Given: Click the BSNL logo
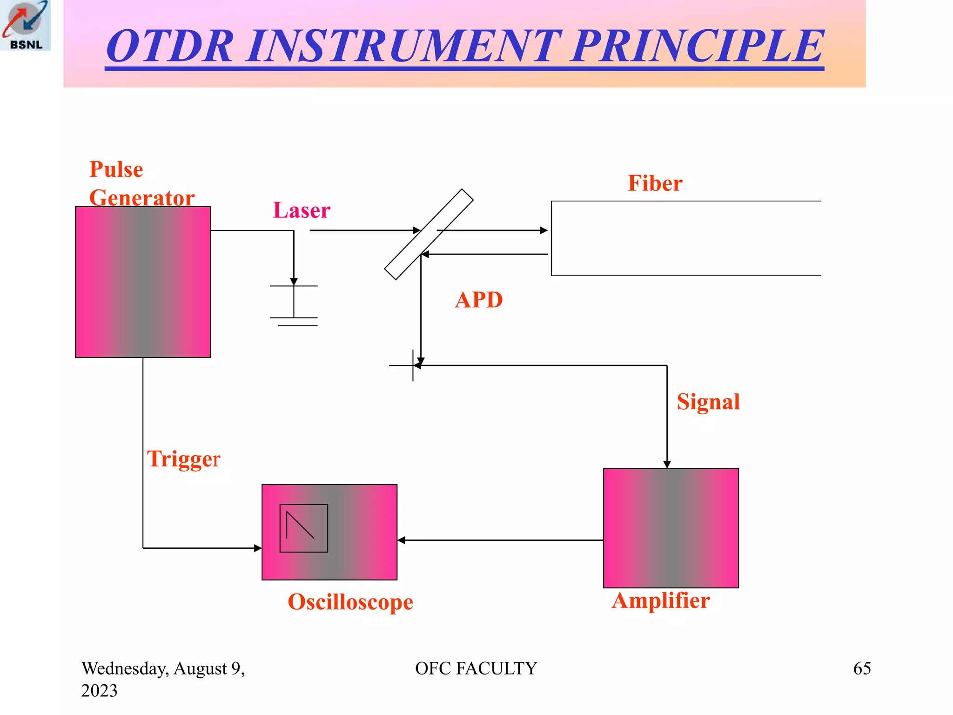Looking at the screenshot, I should click(25, 25).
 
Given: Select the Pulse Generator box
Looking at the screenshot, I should click(143, 282).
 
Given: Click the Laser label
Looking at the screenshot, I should click(302, 210).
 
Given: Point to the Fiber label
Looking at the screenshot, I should click(655, 183).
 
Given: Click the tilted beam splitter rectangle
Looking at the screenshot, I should click(429, 234).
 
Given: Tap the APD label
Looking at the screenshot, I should click(479, 300).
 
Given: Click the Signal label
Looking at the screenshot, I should click(708, 402).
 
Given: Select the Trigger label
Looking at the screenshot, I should click(183, 459).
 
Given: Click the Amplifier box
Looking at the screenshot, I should click(671, 528).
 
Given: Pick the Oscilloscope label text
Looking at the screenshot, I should click(350, 602).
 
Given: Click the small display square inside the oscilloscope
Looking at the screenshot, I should click(303, 528).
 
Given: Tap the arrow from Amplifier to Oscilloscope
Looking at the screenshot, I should click(500, 540).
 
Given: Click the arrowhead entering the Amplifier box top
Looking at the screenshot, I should click(667, 464).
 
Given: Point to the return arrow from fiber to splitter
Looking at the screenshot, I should click(484, 254).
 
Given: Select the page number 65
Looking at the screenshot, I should click(862, 668).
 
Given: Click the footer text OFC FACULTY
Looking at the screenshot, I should click(476, 668).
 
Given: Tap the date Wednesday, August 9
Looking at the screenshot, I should click(163, 668).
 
